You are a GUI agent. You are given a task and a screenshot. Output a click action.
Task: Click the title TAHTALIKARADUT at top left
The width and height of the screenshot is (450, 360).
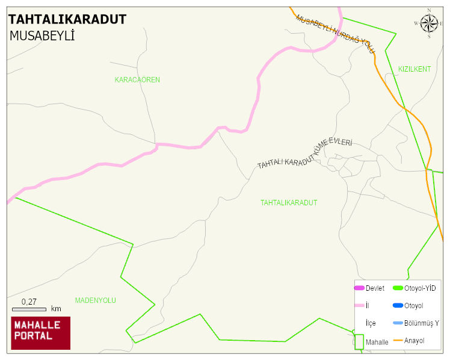pyautogui.click(x=67, y=19)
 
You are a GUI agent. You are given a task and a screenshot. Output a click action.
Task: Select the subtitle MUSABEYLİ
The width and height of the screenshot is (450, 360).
pyautogui.click(x=42, y=36)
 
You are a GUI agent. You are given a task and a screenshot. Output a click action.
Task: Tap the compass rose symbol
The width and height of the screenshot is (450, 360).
pyautogui.click(x=429, y=23)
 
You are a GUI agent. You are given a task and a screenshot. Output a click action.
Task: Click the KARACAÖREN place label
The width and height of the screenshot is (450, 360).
pyautogui.click(x=137, y=79)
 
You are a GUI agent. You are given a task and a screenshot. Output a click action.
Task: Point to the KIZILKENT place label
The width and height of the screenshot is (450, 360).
pyautogui.click(x=415, y=69)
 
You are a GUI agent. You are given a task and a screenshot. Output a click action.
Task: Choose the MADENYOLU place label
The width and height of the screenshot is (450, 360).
pyautogui.click(x=95, y=300)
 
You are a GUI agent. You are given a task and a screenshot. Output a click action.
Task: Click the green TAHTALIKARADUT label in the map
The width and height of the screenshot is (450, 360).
pyautogui.click(x=289, y=203)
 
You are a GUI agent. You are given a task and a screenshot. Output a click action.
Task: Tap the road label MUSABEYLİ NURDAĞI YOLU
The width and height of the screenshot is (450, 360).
pyautogui.click(x=335, y=34)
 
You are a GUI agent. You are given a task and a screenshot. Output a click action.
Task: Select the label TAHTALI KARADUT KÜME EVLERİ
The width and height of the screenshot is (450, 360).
pyautogui.click(x=304, y=154)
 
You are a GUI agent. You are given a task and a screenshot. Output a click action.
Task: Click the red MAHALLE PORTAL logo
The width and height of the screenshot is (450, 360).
pyautogui.click(x=41, y=333)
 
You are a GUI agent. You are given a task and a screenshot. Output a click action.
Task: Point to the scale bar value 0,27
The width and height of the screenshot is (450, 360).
pyautogui.click(x=29, y=301)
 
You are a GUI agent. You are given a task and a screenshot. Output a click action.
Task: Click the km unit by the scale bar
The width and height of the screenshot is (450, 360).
pyautogui.click(x=56, y=309)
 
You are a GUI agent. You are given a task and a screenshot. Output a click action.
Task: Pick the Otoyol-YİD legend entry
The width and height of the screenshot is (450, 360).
pyautogui.click(x=420, y=288)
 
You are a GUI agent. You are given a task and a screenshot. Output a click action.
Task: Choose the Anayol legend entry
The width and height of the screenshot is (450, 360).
pyautogui.click(x=414, y=341)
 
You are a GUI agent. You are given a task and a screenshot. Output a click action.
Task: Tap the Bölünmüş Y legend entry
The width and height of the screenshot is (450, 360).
pyautogui.click(x=421, y=323)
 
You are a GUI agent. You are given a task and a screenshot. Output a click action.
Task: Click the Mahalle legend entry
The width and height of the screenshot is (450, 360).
pyautogui.click(x=377, y=342)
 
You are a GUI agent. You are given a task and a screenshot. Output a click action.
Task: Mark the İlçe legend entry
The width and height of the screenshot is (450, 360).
pyautogui.click(x=371, y=323)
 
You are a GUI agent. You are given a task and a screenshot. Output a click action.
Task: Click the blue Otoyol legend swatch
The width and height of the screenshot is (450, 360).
pyautogui.click(x=397, y=306)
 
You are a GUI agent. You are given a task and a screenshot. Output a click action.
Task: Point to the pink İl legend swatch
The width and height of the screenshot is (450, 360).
pyautogui.click(x=359, y=306)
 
